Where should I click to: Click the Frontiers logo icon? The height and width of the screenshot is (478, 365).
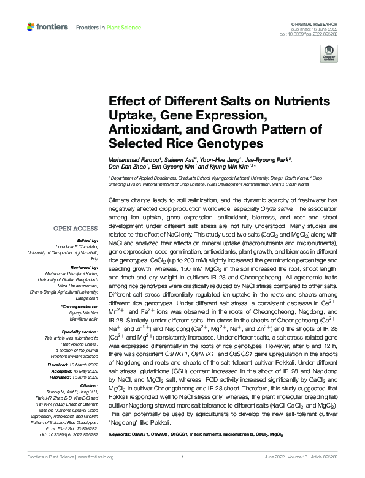point(31,27)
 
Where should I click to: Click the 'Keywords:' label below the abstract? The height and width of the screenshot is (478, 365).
point(119,434)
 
